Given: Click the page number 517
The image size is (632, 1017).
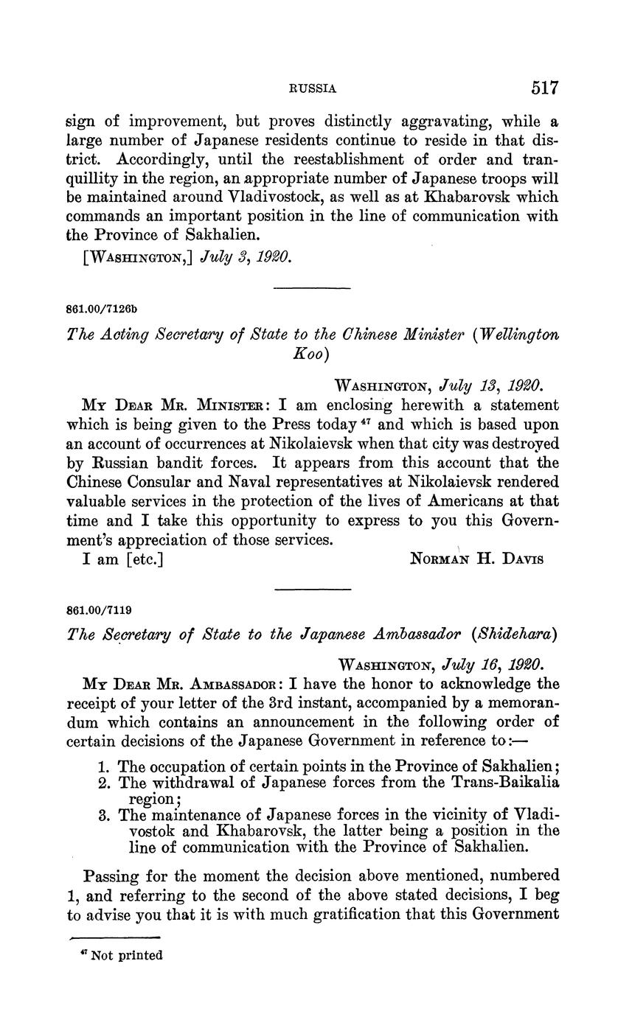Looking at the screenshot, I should tap(544, 88).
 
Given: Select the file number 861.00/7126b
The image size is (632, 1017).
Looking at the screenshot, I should tap(102, 308).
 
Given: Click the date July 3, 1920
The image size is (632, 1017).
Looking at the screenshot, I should tap(237, 257).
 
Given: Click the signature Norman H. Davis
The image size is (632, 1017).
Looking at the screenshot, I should tap(476, 559).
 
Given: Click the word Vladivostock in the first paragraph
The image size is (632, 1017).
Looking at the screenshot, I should tap(215, 198).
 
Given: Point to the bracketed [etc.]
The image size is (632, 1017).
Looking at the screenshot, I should tap(145, 559).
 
